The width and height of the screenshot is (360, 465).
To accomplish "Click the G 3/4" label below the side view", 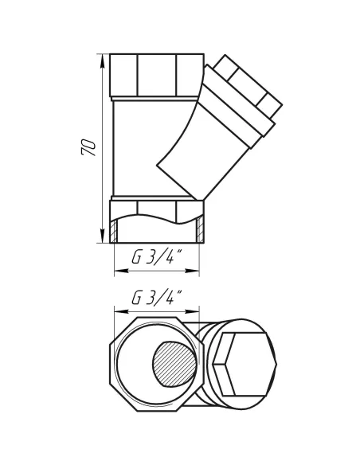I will pos(155,259).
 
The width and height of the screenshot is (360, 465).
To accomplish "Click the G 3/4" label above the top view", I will pos(155,299).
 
